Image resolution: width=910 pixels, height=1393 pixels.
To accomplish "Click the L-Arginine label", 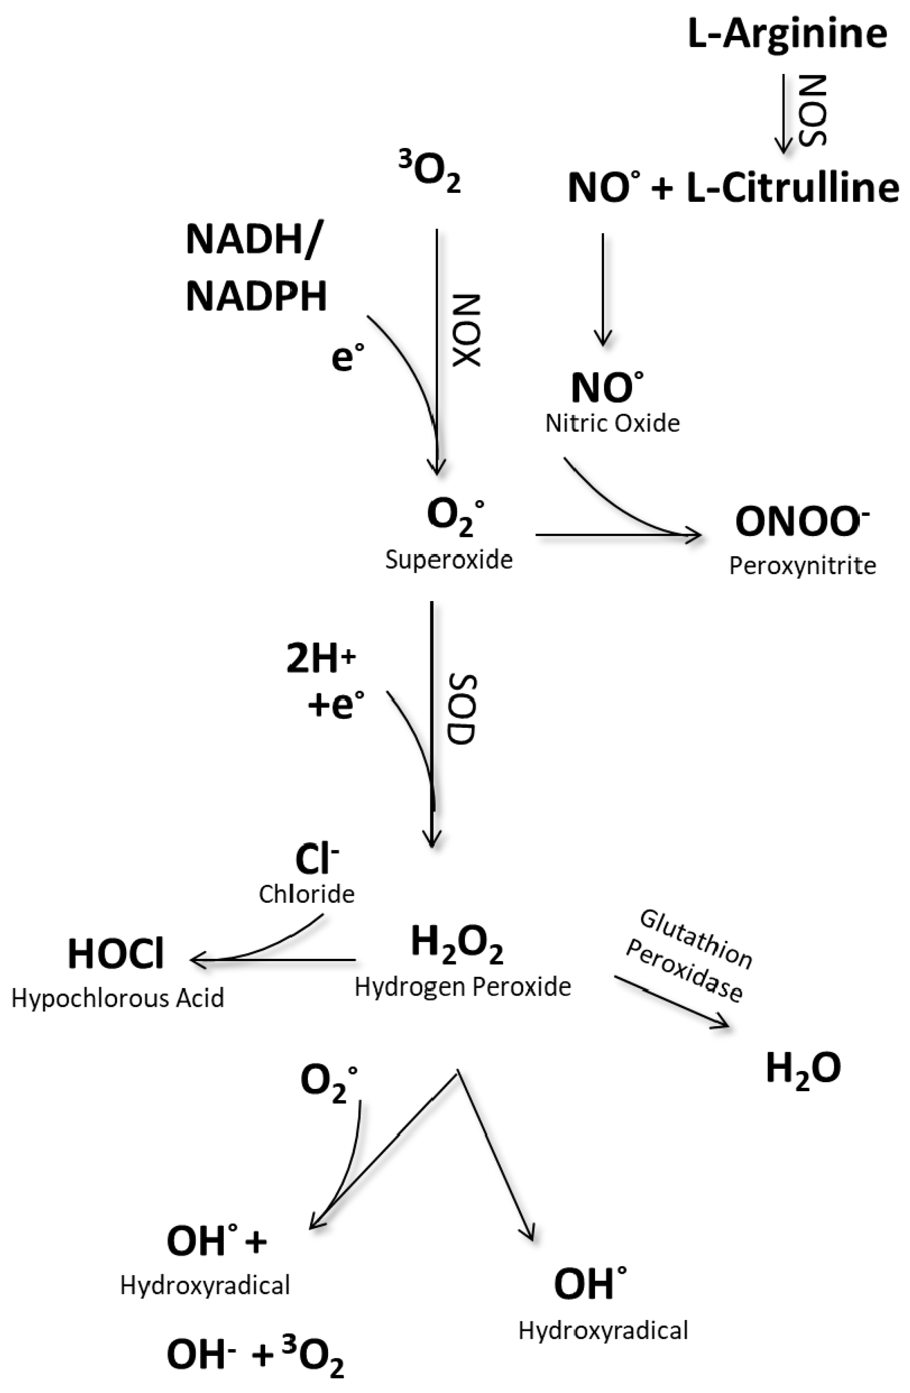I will tap(787, 34).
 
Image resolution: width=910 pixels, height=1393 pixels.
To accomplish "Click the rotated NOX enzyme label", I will tap(467, 331).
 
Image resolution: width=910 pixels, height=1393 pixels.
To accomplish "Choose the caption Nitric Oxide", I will tap(612, 423).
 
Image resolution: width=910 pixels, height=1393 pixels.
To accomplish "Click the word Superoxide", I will tap(449, 560).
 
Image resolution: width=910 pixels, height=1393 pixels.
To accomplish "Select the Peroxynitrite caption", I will tap(802, 566).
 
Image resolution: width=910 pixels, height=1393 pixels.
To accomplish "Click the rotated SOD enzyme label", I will tap(463, 710).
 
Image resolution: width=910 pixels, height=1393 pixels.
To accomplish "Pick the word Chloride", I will tap(306, 894).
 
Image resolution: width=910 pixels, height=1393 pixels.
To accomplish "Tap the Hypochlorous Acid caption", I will tap(118, 998).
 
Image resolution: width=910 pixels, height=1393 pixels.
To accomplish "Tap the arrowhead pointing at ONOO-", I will tap(696, 535).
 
